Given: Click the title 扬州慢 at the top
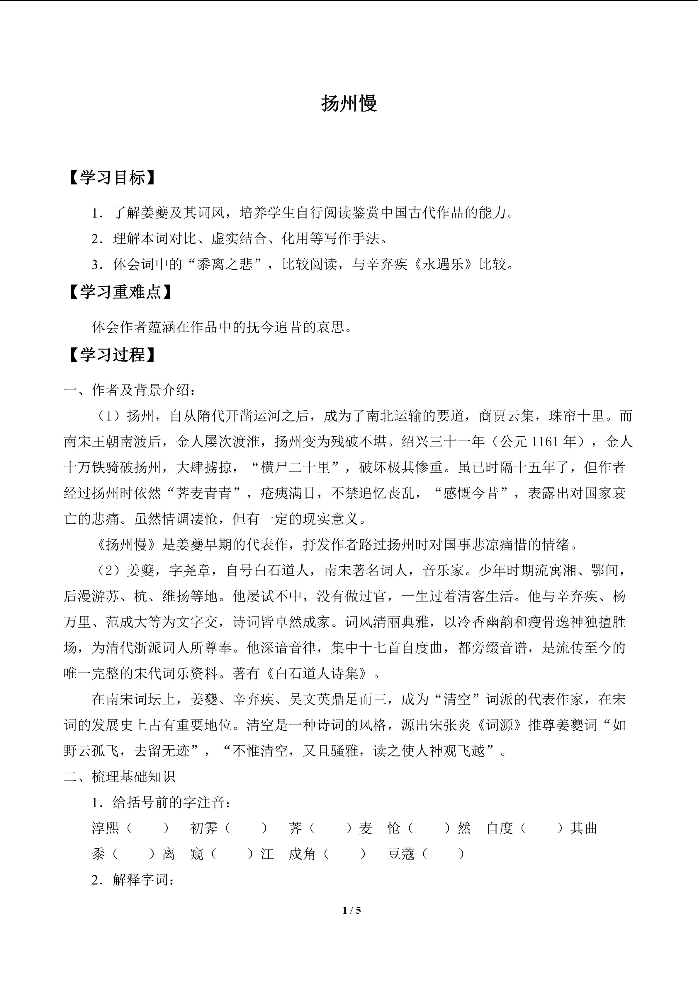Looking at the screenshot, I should [349, 103].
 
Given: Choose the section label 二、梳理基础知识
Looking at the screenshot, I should [120, 776].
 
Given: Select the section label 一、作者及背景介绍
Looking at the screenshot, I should [129, 390].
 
